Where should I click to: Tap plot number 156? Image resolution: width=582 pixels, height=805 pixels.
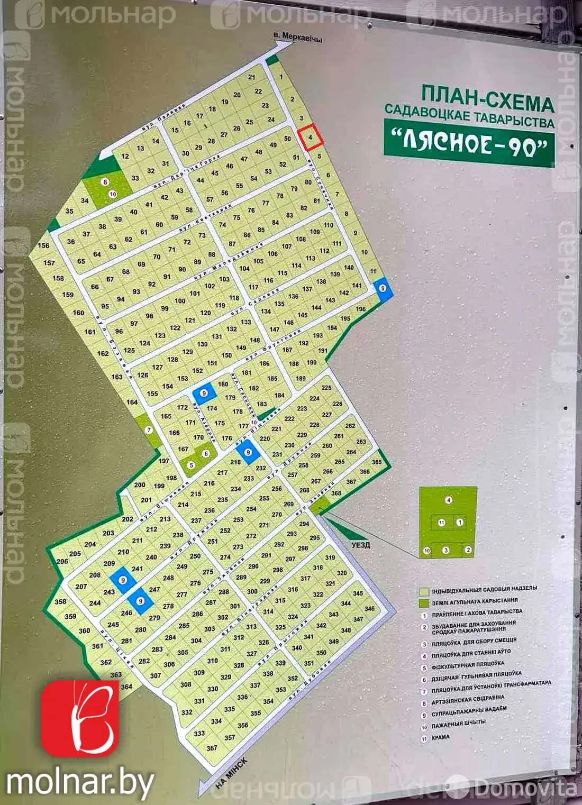43,245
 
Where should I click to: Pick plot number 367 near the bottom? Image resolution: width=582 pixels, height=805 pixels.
212,748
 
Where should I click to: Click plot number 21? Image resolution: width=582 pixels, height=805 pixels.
251,77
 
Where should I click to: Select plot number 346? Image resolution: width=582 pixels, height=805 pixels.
369,609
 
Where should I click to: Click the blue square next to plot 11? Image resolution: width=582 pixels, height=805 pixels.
383,288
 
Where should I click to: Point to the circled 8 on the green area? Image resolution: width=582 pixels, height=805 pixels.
105,182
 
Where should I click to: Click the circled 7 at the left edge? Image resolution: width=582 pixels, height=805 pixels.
149,430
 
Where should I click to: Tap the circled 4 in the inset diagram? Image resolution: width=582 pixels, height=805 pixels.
448,500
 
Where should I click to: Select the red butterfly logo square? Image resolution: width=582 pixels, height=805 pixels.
80,718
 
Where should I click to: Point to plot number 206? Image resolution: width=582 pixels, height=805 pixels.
62,562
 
